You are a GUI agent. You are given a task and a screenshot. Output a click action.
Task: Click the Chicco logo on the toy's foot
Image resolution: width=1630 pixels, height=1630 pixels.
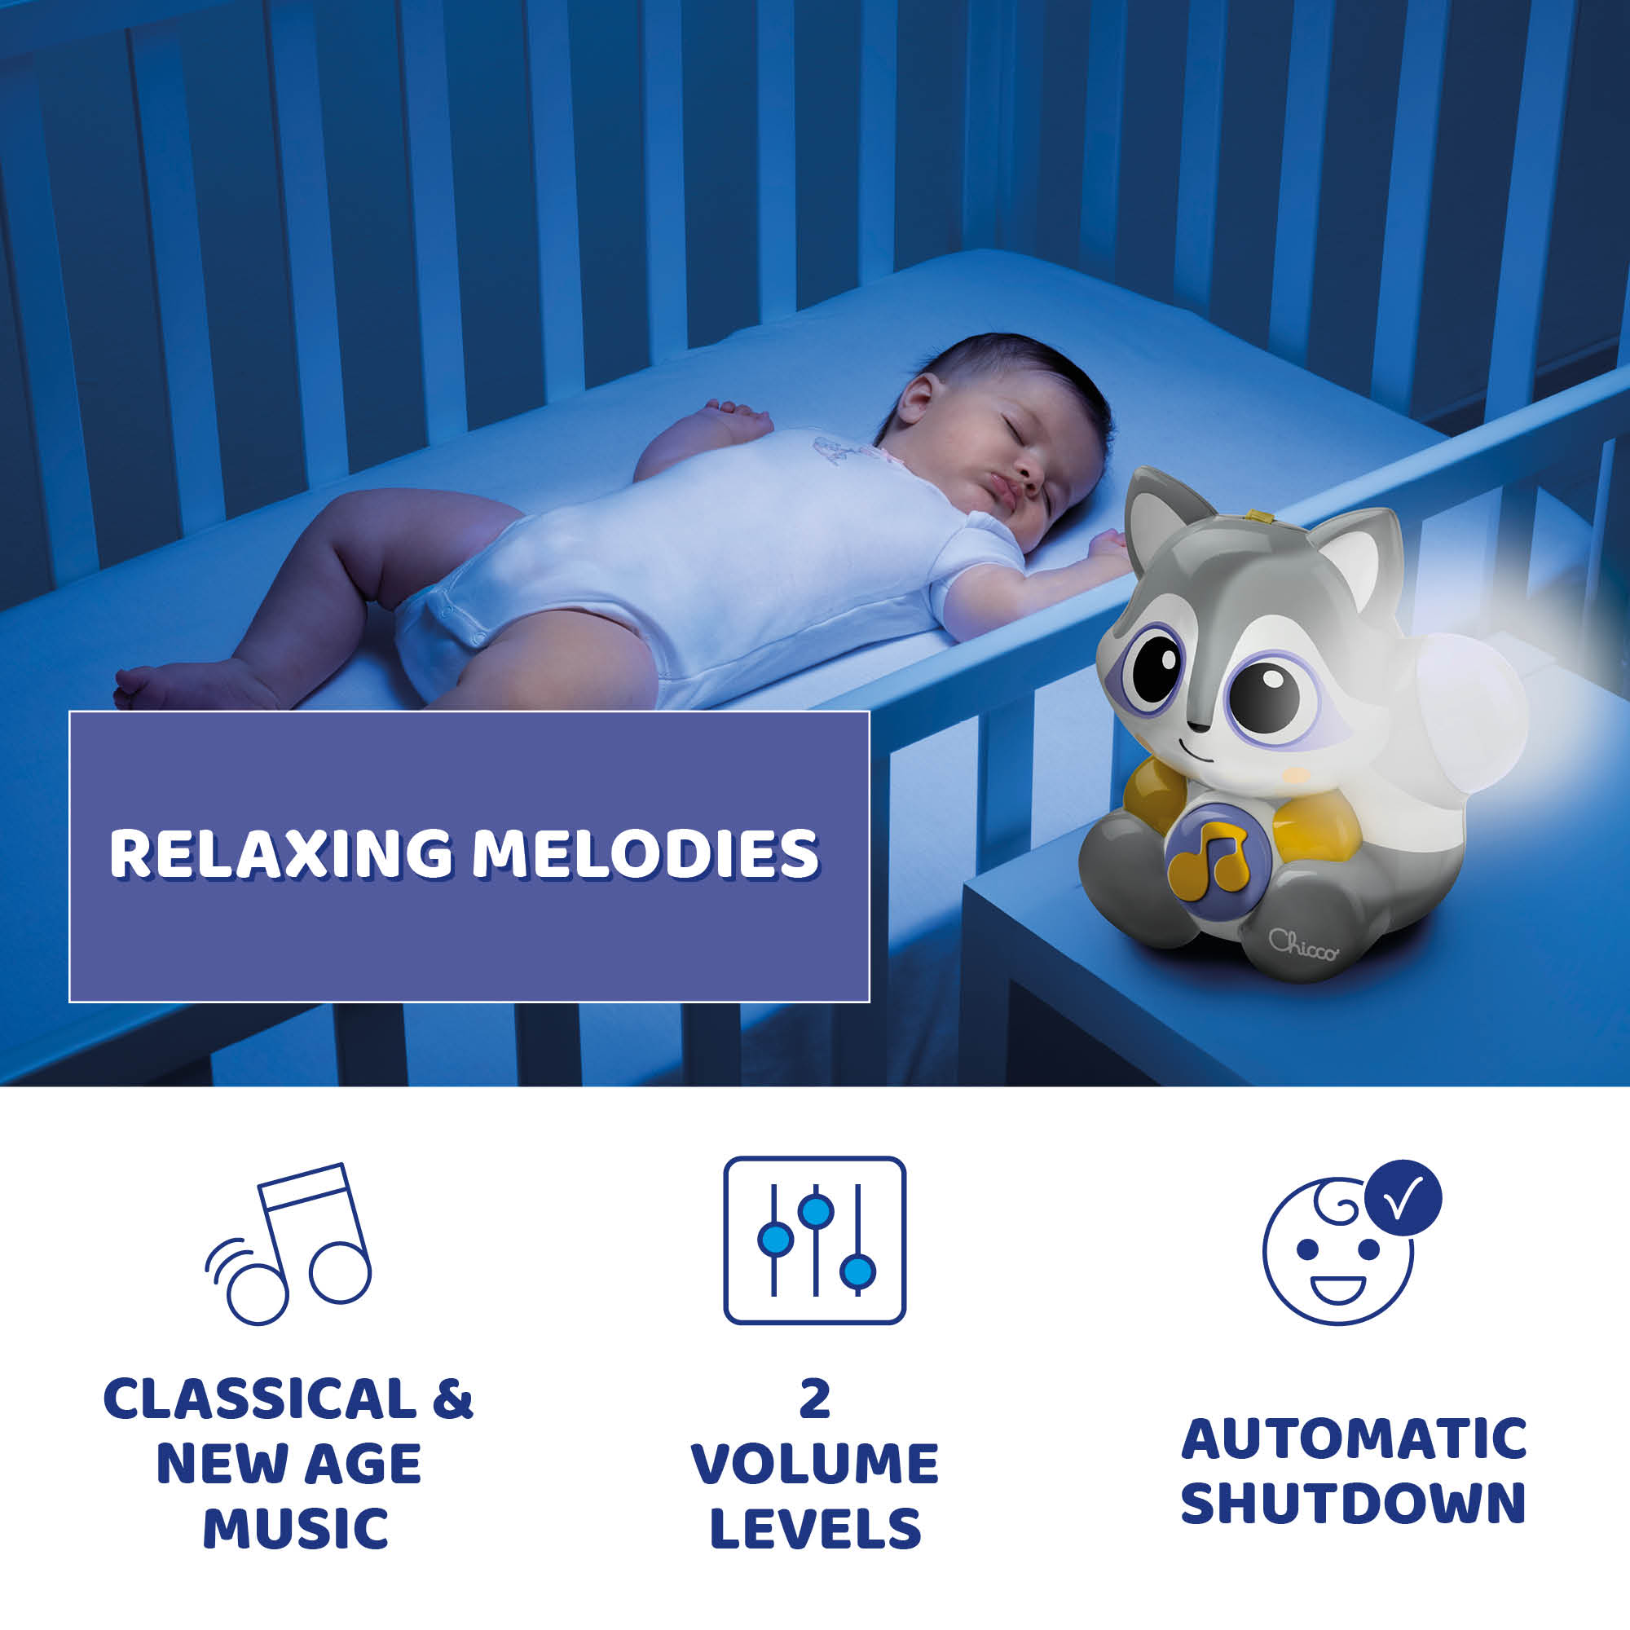(x=1302, y=944)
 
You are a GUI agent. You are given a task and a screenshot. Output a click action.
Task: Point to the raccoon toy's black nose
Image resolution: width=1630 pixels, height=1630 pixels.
(x=1197, y=725)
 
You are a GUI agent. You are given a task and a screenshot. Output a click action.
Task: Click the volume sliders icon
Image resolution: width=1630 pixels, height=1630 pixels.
(x=814, y=1240)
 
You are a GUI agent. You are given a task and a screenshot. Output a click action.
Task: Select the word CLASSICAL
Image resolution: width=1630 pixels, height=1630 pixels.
(x=260, y=1399)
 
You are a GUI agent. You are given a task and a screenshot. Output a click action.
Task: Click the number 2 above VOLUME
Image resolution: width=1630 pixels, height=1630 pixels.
(x=815, y=1399)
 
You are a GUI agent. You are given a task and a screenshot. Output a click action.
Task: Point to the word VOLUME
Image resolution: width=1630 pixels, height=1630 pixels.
(x=815, y=1464)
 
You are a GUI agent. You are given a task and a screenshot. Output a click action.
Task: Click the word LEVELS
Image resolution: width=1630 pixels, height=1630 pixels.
(x=815, y=1529)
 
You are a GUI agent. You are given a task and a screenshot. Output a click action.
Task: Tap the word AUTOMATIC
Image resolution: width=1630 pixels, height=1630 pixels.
(x=1354, y=1438)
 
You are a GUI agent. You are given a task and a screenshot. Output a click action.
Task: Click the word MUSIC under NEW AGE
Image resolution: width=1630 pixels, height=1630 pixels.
(x=295, y=1529)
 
